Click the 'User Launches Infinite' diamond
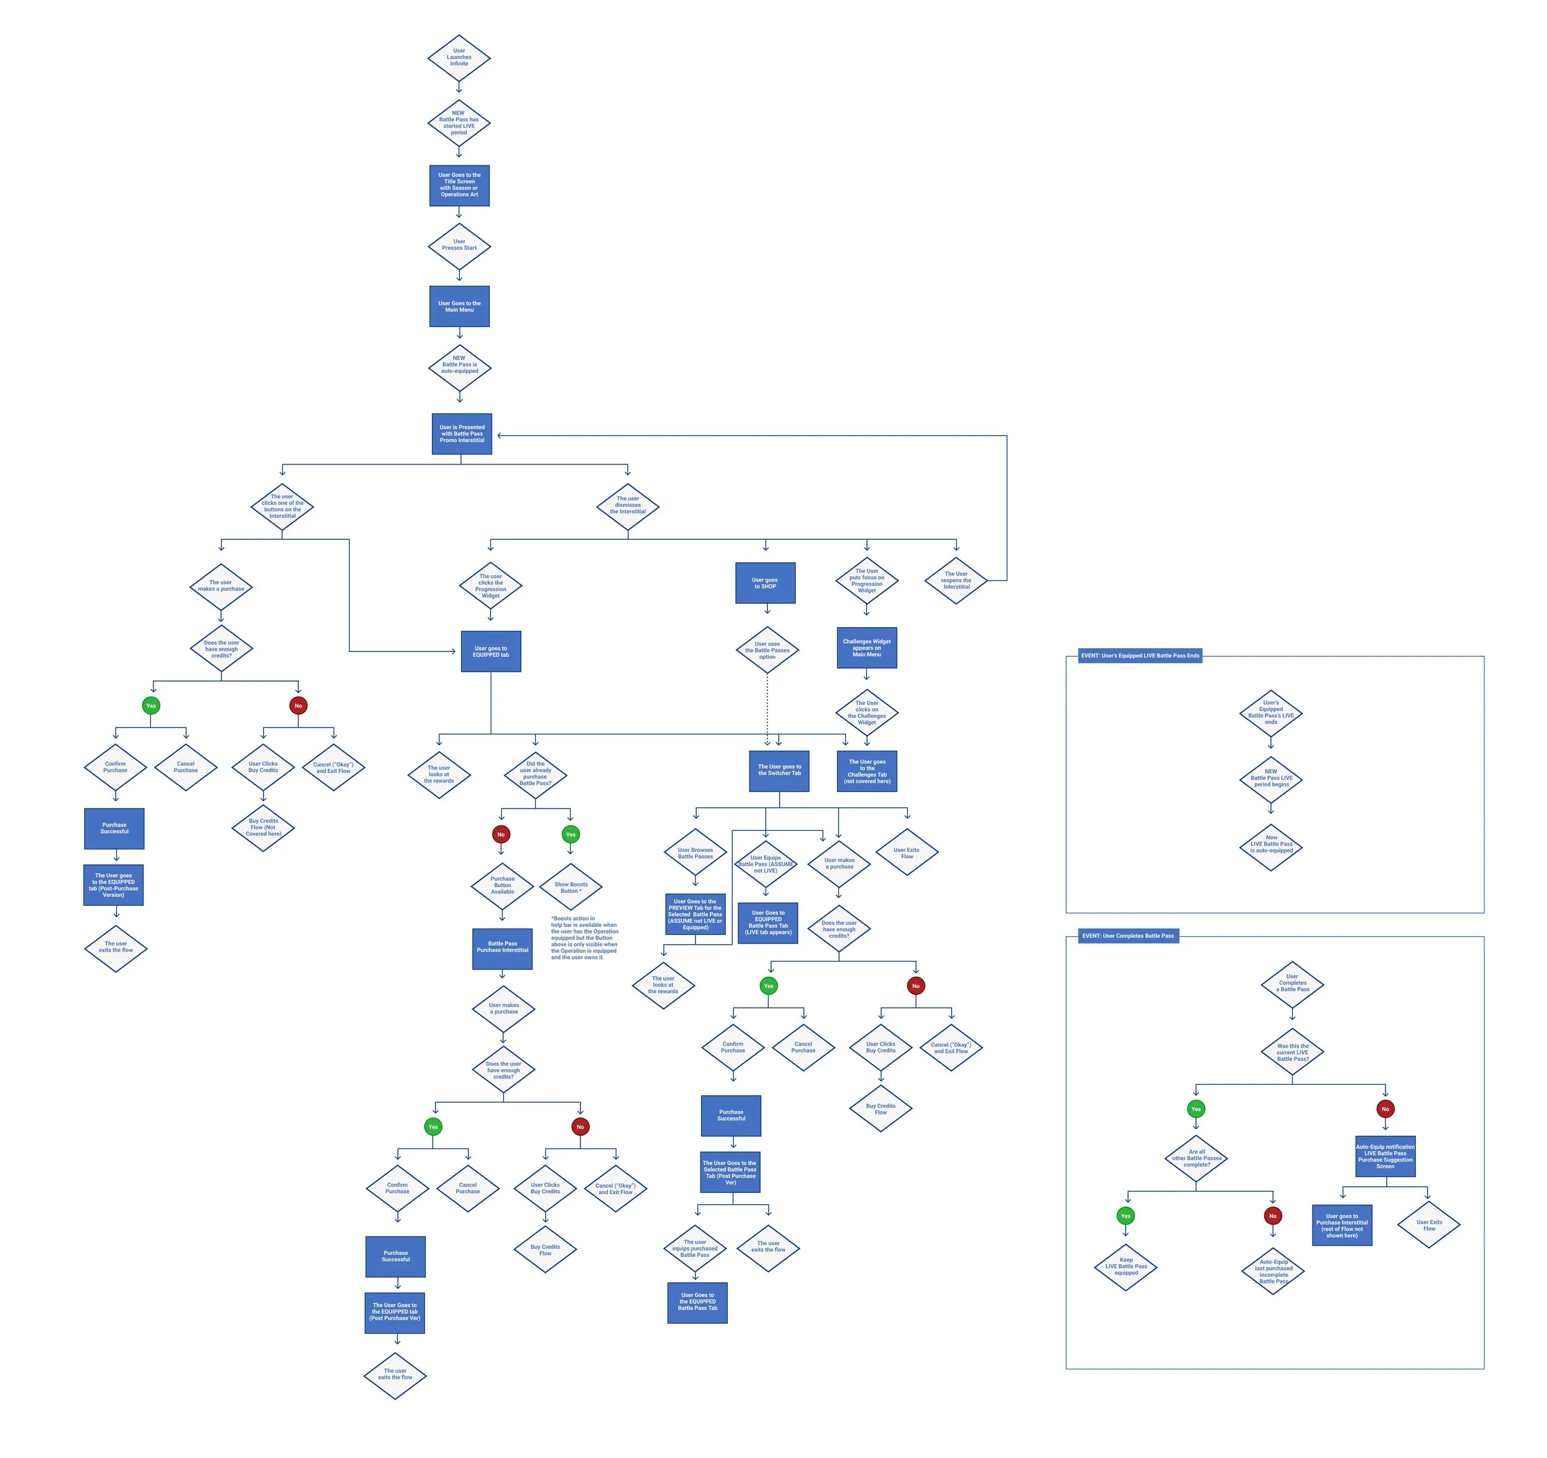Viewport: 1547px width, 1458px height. (x=459, y=58)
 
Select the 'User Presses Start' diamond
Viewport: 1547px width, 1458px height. (x=459, y=245)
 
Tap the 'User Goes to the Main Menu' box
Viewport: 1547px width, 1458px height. (x=459, y=306)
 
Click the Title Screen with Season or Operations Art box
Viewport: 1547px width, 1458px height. (x=459, y=185)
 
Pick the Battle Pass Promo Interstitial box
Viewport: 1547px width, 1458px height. (x=462, y=433)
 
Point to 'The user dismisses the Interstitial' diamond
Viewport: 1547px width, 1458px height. (x=627, y=506)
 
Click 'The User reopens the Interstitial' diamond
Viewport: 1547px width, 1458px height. (x=955, y=581)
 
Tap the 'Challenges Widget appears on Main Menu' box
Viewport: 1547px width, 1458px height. (x=866, y=648)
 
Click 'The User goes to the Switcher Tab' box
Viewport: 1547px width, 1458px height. (x=779, y=771)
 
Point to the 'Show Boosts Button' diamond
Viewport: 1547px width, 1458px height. (x=571, y=887)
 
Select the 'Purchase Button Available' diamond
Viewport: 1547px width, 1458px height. (x=502, y=886)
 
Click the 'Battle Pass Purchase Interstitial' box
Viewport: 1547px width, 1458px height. (x=502, y=948)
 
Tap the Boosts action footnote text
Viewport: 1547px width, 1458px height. (x=584, y=938)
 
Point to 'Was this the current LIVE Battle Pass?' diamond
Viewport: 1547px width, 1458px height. (x=1292, y=1052)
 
